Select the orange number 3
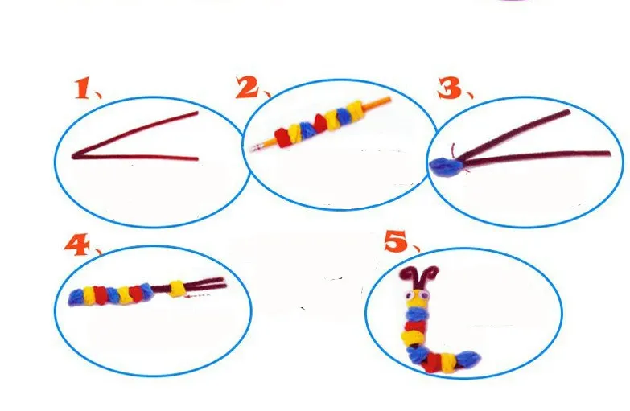point(448,88)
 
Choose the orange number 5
point(394,240)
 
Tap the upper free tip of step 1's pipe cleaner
point(197,115)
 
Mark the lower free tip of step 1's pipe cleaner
point(196,158)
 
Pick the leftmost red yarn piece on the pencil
point(282,136)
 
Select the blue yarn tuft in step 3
point(443,165)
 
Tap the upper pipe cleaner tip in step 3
point(570,112)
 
